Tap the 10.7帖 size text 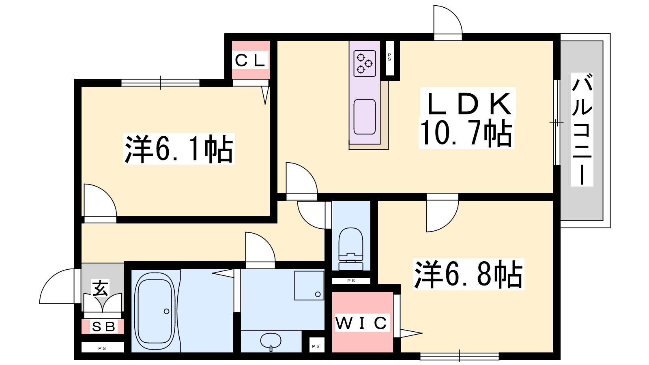point(466,133)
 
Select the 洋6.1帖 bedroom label point(179,148)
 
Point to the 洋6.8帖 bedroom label point(468,274)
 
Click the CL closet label point(250,60)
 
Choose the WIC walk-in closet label point(361,323)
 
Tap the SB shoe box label point(103,326)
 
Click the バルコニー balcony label point(582,129)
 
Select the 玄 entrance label point(101,288)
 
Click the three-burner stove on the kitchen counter point(365,63)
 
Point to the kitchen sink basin point(365,117)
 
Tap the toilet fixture point(351,249)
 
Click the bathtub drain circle point(166,311)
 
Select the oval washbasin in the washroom point(271,341)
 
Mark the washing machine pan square point(309,286)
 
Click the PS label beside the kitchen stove point(389,57)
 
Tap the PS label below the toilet point(351,281)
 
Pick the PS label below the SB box point(102,348)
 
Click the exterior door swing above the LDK point(448,20)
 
